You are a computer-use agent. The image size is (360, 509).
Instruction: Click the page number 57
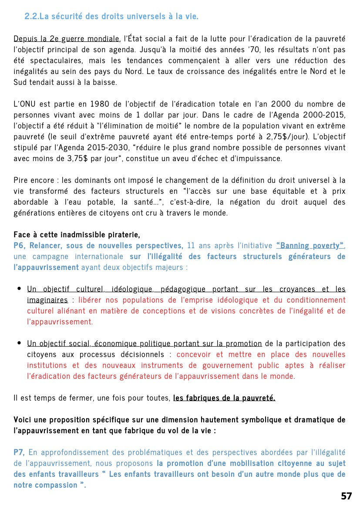tap(347, 496)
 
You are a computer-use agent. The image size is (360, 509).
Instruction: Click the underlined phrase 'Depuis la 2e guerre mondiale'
tap(67, 39)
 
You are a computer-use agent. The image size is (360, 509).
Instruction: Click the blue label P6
tap(20, 246)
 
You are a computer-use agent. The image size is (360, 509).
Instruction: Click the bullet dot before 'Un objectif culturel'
tap(19, 289)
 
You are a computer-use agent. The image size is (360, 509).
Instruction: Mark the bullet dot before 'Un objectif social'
tap(19, 344)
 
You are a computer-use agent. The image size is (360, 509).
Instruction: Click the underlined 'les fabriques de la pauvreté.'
tap(224, 398)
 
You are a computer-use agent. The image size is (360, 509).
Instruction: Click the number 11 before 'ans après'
tap(191, 246)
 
